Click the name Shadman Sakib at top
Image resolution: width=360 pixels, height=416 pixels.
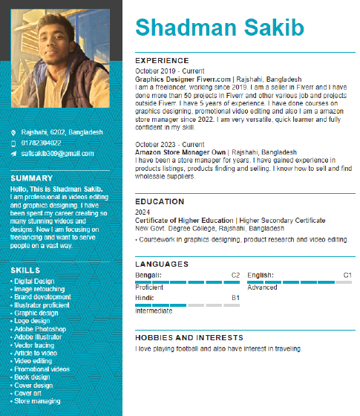pyautogui.click(x=220, y=28)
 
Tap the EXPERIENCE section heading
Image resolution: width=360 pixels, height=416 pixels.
pyautogui.click(x=162, y=60)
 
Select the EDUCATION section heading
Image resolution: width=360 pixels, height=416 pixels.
pyautogui.click(x=160, y=201)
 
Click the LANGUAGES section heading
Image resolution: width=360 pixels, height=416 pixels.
pyautogui.click(x=162, y=264)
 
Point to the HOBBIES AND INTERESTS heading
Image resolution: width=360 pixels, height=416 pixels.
pyautogui.click(x=189, y=337)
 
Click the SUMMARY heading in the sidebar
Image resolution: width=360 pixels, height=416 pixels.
pyautogui.click(x=32, y=178)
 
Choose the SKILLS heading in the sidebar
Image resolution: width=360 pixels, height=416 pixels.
pyautogui.click(x=26, y=270)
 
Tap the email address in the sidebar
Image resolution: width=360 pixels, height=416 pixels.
pyautogui.click(x=57, y=154)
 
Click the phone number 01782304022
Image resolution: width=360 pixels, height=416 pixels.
pyautogui.click(x=42, y=143)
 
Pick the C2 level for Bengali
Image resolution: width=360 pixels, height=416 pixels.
pyautogui.click(x=235, y=276)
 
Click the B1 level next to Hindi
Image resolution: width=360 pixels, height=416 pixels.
pyautogui.click(x=235, y=299)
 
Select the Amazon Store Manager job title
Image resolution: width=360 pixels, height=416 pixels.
pyautogui.click(x=180, y=152)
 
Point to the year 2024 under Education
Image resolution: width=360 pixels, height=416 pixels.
pyautogui.click(x=143, y=212)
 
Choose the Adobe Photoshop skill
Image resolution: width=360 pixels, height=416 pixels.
pyautogui.click(x=40, y=329)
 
